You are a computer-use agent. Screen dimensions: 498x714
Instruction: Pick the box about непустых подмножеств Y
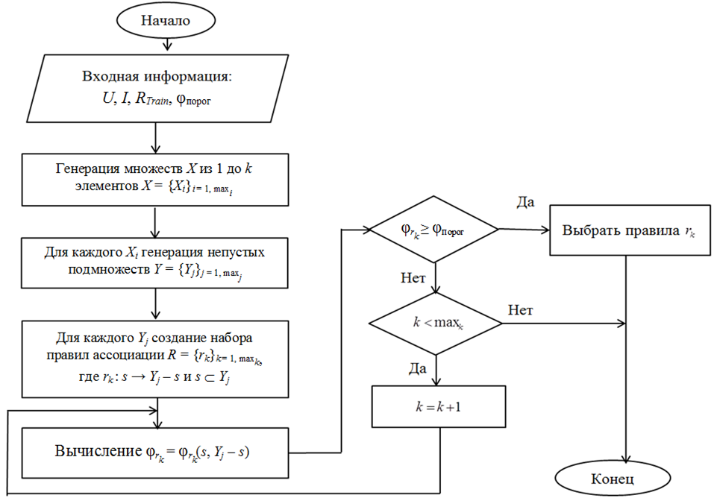pos(154,262)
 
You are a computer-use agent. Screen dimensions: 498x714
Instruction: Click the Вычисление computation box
pos(154,452)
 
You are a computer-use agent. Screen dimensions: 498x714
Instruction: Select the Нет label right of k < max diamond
pos(521,309)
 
